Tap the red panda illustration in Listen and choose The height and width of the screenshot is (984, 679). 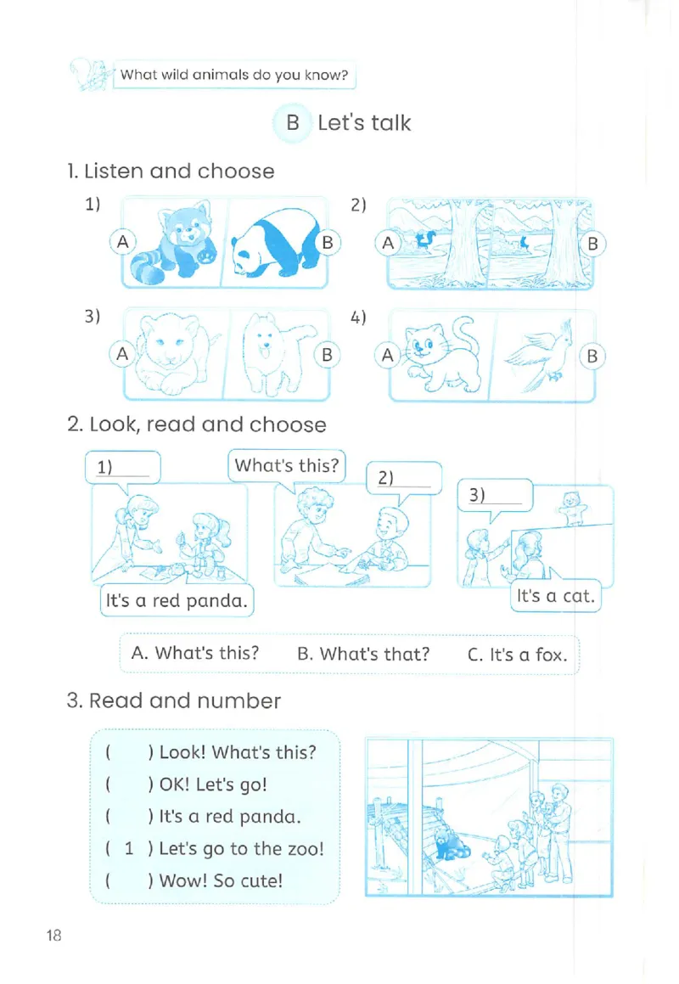click(172, 243)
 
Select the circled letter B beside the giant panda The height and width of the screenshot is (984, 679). click(327, 243)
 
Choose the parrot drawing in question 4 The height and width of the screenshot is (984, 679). click(541, 356)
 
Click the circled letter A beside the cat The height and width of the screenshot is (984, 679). click(388, 356)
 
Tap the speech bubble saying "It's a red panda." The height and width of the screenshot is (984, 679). click(177, 600)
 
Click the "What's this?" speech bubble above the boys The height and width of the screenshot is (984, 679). click(287, 465)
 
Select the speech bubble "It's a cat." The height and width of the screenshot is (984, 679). click(556, 595)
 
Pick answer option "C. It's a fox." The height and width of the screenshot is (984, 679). click(517, 655)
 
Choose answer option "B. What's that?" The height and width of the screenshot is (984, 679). click(363, 654)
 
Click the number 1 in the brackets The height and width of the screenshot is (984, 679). click(129, 848)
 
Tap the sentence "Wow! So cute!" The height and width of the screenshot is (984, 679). click(221, 880)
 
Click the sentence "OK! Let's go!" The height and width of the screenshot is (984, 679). click(213, 784)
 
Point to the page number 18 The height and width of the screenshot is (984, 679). click(54, 935)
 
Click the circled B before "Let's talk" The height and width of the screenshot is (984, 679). click(293, 123)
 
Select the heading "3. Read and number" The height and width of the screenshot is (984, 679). click(174, 700)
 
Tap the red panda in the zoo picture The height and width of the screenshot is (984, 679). click(451, 842)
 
